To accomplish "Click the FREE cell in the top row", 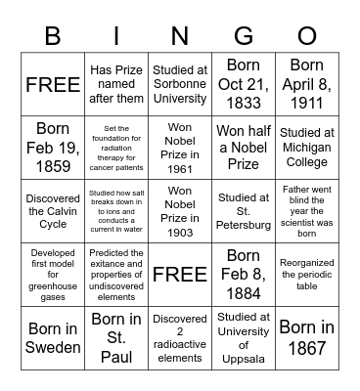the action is [x=52, y=84].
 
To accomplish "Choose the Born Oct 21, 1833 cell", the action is [x=244, y=84].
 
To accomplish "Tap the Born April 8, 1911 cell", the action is [x=307, y=84].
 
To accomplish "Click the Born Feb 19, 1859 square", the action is [x=52, y=147].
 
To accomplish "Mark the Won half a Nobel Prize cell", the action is [x=244, y=147].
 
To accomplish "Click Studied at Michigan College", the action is [x=307, y=147].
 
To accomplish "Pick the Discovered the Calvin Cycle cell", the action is [x=52, y=210].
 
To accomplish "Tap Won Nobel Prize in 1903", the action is [x=180, y=210].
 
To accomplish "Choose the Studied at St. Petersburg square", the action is [x=244, y=210].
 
